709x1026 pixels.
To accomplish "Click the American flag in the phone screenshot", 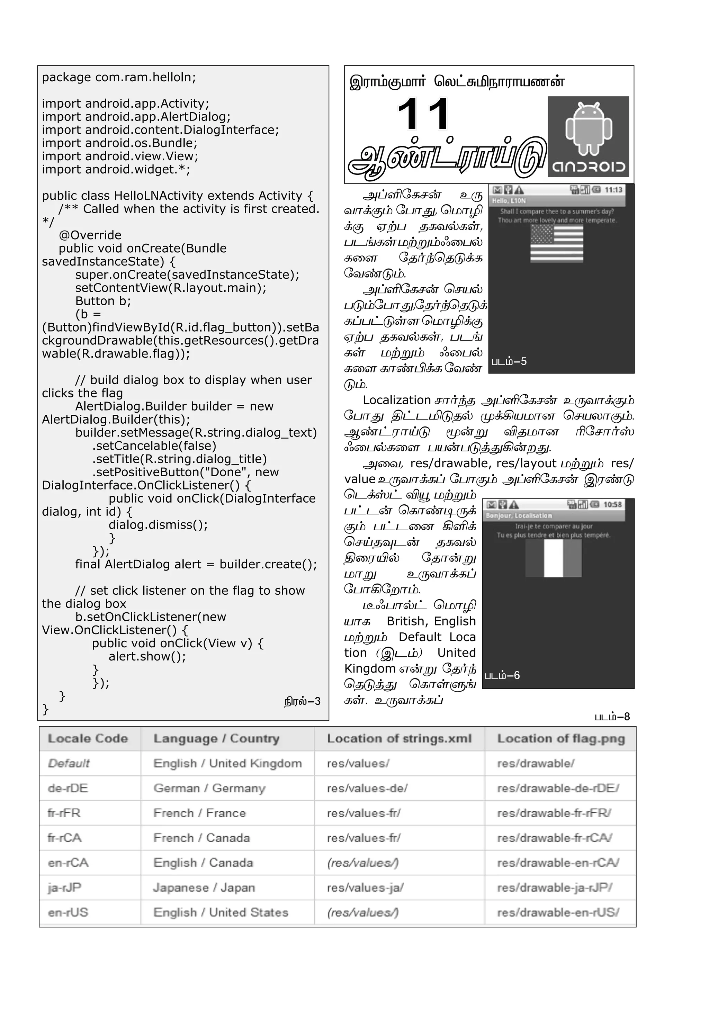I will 557,243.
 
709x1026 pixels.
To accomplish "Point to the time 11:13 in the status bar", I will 613,190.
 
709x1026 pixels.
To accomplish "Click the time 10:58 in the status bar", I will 613,505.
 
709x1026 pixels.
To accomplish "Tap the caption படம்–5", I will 509,361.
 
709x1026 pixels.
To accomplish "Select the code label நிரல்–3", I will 302,701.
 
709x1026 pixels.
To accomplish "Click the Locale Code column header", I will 88,739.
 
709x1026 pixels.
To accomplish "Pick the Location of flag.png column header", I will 560,739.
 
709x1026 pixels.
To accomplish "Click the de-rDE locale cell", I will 68,789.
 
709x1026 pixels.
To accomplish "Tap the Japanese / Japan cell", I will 204,888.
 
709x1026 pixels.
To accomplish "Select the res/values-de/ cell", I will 367,789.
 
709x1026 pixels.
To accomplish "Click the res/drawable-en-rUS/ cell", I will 558,913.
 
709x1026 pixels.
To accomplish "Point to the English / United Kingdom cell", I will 227,764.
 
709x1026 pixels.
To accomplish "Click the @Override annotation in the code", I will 90,235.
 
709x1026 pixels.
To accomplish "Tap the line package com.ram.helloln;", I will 119,77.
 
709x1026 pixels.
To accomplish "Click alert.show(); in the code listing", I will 147,656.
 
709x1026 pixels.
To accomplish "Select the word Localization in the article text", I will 397,400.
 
